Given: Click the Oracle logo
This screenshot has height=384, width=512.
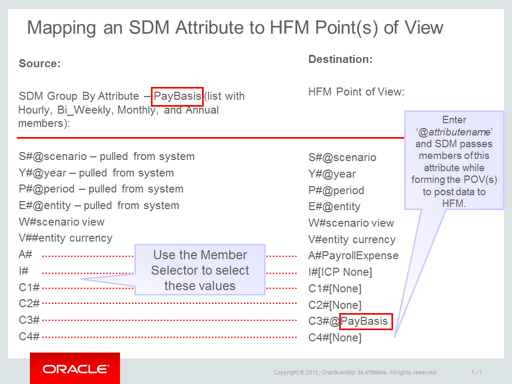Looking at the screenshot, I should pyautogui.click(x=75, y=369).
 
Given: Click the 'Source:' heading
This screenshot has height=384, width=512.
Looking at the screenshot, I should pyautogui.click(x=39, y=64).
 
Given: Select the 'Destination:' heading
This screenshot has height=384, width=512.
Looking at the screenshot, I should pyautogui.click(x=340, y=59).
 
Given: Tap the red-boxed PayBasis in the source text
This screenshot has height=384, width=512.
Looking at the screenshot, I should pyautogui.click(x=177, y=97).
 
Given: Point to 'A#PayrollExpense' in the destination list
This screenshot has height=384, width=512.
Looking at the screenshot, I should pyautogui.click(x=353, y=255).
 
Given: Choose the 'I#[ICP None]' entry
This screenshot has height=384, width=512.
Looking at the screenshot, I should pyautogui.click(x=340, y=272).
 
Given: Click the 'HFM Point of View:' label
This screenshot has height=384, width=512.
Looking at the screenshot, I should pyautogui.click(x=356, y=92).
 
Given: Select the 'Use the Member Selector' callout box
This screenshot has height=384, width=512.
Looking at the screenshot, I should pyautogui.click(x=199, y=270).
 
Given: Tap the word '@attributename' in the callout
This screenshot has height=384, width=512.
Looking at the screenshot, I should pyautogui.click(x=454, y=131).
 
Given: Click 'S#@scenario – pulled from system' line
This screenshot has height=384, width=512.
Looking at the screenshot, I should pyautogui.click(x=107, y=157).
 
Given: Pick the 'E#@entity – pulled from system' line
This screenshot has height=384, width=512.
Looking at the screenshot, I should pyautogui.click(x=99, y=206).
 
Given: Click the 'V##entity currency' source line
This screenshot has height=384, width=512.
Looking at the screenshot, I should pyautogui.click(x=66, y=238).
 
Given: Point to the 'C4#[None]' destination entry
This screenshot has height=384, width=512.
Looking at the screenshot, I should pyautogui.click(x=335, y=338).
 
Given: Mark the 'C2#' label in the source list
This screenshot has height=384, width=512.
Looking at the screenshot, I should pyautogui.click(x=29, y=304).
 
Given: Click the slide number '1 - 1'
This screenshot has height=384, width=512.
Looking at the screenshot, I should pyautogui.click(x=477, y=372).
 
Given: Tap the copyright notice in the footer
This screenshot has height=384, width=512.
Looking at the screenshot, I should pyautogui.click(x=356, y=372).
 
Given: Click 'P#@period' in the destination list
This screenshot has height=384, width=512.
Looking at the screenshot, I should pyautogui.click(x=336, y=190).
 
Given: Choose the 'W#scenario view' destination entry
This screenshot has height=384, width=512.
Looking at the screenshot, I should pyautogui.click(x=351, y=223).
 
